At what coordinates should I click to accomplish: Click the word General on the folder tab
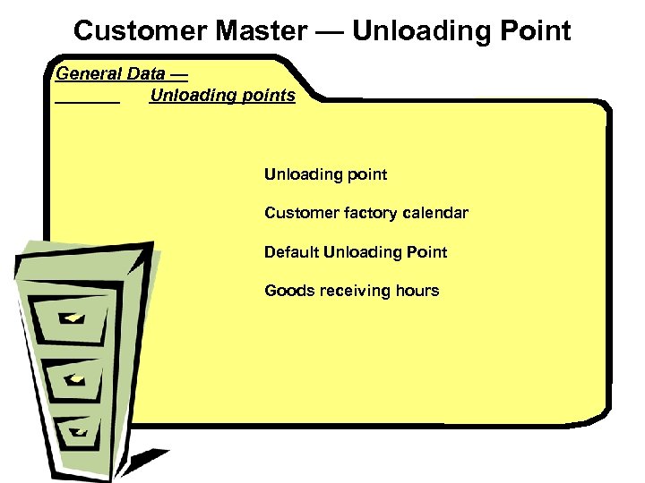[87, 73]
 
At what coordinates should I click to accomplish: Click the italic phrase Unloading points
[222, 95]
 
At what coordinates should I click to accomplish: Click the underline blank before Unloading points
[87, 101]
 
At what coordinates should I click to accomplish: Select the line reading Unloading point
[325, 174]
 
